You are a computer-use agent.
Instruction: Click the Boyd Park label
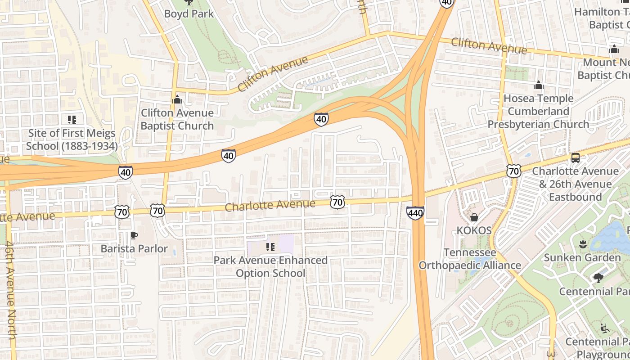coord(189,13)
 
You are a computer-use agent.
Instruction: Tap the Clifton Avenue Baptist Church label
coord(177,119)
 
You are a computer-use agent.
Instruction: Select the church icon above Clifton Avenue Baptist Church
coord(177,99)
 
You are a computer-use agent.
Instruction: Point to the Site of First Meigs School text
coord(72,139)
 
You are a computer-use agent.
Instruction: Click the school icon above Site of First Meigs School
coord(72,119)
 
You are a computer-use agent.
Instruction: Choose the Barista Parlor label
coord(134,248)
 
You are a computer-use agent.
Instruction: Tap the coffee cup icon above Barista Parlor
coord(134,235)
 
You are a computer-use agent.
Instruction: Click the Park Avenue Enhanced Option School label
coord(270,267)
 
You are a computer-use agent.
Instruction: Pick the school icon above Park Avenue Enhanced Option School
coord(270,247)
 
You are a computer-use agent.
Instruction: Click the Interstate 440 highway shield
coord(415,212)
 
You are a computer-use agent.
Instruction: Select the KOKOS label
coord(474,230)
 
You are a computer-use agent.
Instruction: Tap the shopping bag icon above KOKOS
coord(474,217)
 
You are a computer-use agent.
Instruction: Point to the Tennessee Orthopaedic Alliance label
coord(470,259)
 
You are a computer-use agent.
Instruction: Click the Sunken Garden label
coord(582,258)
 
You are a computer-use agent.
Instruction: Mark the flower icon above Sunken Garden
coord(582,244)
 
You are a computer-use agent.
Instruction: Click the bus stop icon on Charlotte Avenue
coord(575,157)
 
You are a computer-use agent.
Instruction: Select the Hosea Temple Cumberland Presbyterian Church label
coord(538,111)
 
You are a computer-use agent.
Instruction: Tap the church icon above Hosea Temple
coord(538,85)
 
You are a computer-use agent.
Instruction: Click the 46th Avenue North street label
coord(11,290)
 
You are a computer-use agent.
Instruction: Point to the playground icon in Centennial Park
coord(605,328)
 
